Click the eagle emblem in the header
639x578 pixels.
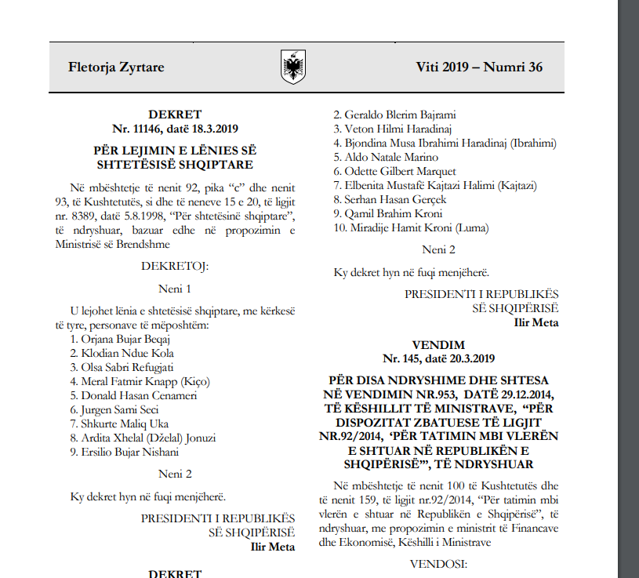[292, 67]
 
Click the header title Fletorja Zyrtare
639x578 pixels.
[116, 67]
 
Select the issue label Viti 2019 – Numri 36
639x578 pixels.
[479, 67]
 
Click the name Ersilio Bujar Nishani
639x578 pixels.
[129, 452]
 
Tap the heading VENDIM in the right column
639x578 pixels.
[438, 345]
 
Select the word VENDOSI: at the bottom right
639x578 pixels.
[438, 563]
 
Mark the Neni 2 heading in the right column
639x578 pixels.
[438, 250]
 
